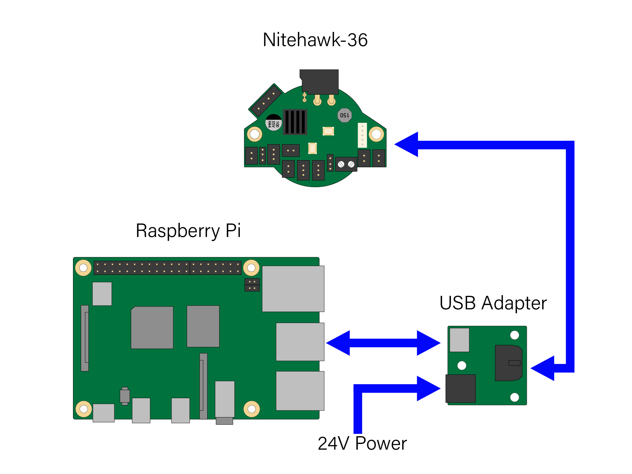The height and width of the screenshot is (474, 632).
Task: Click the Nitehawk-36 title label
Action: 315,40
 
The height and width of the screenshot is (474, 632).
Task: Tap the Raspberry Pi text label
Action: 188,231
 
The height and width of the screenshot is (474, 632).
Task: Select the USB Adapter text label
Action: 493,303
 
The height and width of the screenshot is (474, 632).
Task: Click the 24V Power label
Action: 362,443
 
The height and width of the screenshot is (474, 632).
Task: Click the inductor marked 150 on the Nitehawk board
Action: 344,115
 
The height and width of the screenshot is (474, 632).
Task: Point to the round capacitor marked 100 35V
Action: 273,123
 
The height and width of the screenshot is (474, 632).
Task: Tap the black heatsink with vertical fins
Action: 295,122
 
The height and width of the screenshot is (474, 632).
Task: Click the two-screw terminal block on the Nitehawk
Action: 346,164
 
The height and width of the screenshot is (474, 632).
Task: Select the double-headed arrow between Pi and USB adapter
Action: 383,343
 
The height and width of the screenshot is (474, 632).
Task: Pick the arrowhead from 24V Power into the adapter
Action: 428,388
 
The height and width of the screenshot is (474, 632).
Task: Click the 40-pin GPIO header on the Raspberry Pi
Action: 167,268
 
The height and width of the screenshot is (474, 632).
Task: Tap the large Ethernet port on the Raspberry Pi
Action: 293,289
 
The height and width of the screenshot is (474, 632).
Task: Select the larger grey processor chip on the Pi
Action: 152,328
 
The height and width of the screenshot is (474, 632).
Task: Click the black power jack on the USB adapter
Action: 460,388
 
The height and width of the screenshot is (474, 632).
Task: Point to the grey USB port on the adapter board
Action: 459,340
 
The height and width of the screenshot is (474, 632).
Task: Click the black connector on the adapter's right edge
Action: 508,363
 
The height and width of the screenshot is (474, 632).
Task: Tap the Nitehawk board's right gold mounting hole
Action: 376,134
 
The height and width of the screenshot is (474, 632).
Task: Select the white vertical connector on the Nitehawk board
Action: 362,135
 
